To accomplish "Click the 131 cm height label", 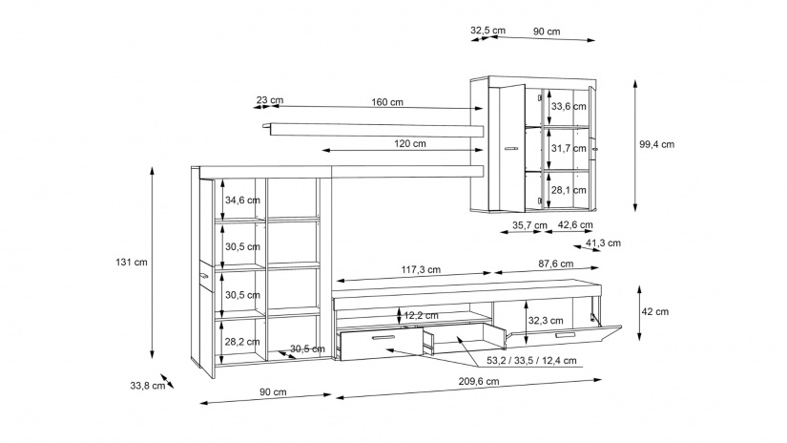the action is click(132, 263).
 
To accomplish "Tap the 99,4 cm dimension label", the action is click(656, 145).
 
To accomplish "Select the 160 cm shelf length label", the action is click(387, 102).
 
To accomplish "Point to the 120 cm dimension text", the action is click(409, 143).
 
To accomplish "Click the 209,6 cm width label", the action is click(478, 381).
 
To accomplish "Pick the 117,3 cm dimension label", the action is click(421, 270).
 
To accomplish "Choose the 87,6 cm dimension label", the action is click(555, 264).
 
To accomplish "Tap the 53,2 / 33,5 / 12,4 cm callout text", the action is click(531, 361).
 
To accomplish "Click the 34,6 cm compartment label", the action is click(242, 200).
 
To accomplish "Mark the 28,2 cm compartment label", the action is click(242, 342).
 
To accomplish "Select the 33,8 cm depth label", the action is click(148, 386).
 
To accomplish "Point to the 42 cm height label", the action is click(655, 312).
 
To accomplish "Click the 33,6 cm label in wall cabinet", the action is click(569, 107).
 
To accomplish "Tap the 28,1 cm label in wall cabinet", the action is click(569, 190).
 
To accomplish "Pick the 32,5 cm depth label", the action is click(487, 31).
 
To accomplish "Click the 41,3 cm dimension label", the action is click(603, 243).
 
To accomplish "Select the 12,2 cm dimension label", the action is click(421, 316).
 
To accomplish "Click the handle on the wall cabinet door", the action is click(510, 149).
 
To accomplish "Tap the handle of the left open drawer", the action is click(384, 338).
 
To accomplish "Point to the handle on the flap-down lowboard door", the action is click(565, 335).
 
